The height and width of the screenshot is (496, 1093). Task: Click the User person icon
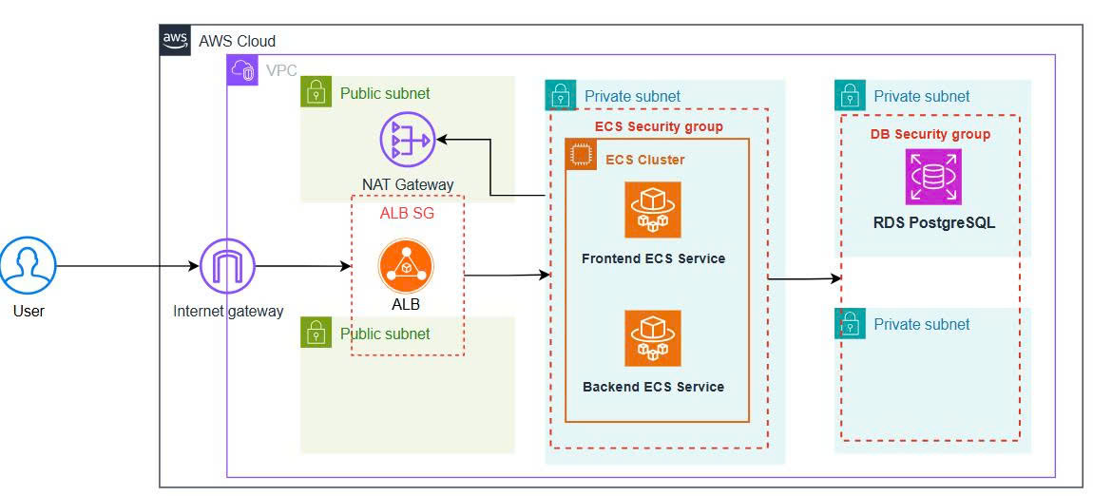(x=28, y=265)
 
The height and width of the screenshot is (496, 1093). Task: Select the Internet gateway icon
(x=228, y=265)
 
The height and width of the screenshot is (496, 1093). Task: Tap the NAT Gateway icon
(x=407, y=140)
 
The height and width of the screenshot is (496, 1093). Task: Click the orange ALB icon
(x=406, y=267)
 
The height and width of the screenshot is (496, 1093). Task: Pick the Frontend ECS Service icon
(x=652, y=210)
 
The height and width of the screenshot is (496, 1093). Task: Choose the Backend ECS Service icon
(x=652, y=338)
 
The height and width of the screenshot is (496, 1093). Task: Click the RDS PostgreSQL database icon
(x=933, y=176)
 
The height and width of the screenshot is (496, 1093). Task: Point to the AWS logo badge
(x=175, y=40)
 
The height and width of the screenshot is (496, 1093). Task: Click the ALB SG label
(x=407, y=213)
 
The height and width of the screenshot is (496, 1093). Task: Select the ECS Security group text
(x=659, y=126)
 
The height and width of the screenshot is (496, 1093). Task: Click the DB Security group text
(x=930, y=134)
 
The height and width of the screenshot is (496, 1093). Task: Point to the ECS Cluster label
(x=644, y=160)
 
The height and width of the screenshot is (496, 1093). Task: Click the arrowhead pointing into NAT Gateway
(x=442, y=140)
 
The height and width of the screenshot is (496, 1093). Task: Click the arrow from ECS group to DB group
(x=804, y=278)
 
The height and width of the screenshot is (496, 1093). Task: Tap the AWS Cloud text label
(x=237, y=41)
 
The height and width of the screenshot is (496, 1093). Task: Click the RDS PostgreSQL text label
(x=934, y=223)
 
